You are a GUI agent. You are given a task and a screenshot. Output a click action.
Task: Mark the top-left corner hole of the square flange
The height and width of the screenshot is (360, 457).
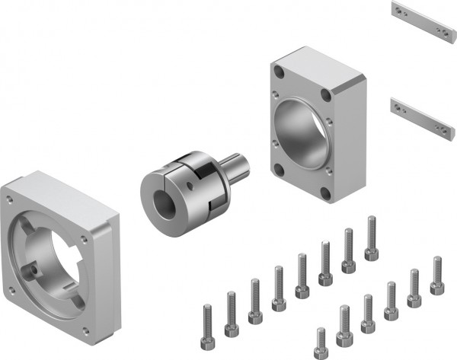click(x=9, y=199)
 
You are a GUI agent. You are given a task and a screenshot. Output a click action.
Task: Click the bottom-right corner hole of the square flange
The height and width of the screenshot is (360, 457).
click(x=85, y=330)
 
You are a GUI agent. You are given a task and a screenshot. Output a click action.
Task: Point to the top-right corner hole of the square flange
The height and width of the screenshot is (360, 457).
click(x=83, y=238)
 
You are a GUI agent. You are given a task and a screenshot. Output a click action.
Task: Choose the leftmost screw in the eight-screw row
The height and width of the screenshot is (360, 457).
click(x=208, y=320)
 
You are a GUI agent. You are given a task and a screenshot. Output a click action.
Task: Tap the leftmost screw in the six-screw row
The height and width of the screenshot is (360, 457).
click(x=321, y=342)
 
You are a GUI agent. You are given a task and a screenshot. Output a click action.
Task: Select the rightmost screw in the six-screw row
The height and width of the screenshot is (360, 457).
click(x=436, y=276)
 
